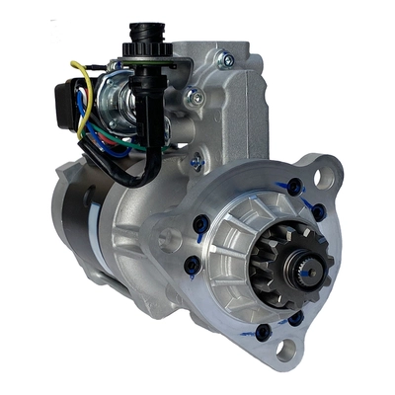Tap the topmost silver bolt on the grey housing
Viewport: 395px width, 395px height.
(227, 61)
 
